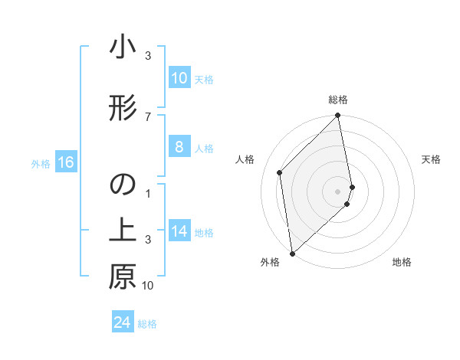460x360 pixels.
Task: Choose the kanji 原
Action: click(x=122, y=277)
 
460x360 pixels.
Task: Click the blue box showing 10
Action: click(x=179, y=78)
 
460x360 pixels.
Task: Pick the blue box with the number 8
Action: click(x=179, y=147)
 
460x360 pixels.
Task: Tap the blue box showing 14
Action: click(x=179, y=231)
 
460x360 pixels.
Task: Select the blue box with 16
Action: click(x=65, y=162)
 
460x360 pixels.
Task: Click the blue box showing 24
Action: click(x=123, y=322)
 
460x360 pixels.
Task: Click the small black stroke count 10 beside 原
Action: click(x=148, y=286)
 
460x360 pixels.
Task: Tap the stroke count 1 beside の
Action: click(x=148, y=195)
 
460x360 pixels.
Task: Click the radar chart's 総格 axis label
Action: click(x=338, y=100)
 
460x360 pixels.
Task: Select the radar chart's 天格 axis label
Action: click(x=431, y=159)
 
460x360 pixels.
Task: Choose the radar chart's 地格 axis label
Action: click(x=402, y=262)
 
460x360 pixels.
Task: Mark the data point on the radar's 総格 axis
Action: click(x=338, y=116)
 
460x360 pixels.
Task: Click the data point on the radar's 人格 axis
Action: click(x=280, y=172)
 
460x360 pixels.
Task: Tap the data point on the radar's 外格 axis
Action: click(x=292, y=254)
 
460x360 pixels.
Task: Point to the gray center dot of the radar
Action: click(x=338, y=191)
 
